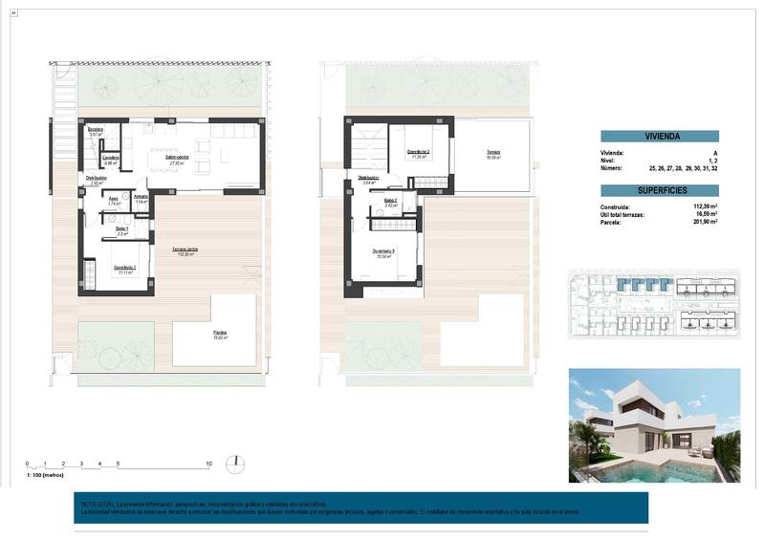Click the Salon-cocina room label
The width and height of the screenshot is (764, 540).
click(176, 157)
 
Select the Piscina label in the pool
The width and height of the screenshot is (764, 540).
click(220, 333)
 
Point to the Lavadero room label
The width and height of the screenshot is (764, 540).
click(111, 158)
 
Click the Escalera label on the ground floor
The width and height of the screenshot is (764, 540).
click(96, 129)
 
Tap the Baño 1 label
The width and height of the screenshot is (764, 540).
click(122, 228)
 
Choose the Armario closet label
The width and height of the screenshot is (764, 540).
click(141, 197)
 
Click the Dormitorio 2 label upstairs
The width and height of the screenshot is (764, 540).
click(418, 152)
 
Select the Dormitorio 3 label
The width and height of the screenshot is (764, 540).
click(384, 251)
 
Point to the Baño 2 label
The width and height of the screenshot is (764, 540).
click(391, 201)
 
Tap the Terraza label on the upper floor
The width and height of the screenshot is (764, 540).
click(492, 152)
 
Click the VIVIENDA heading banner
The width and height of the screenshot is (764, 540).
click(660, 137)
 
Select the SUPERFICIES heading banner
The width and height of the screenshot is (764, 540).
click(660, 190)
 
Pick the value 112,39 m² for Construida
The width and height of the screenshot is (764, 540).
click(703, 206)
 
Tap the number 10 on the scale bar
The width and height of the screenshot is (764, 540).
click(208, 464)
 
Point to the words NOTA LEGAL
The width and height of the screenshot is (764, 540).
click(98, 504)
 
